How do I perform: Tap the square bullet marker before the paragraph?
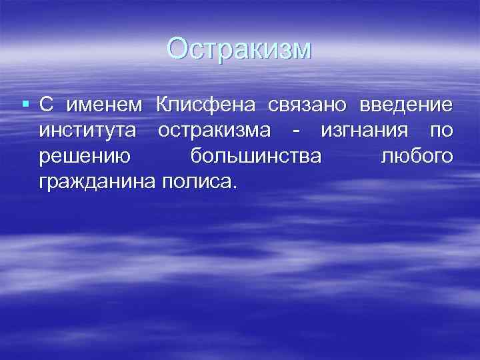click(x=25, y=105)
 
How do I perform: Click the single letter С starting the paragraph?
click(x=46, y=105)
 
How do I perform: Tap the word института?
click(x=89, y=131)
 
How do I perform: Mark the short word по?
click(x=441, y=131)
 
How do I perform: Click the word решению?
click(x=85, y=157)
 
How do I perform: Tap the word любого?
click(x=417, y=156)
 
